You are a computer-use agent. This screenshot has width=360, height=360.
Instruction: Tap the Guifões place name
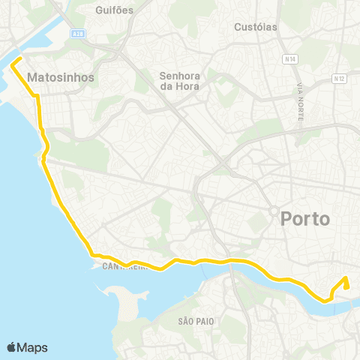115,10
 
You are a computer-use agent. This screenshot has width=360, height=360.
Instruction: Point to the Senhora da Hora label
177,79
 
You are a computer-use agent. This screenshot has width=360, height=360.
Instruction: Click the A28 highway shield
79,33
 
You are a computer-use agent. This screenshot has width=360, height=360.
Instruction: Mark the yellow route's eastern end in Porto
346,279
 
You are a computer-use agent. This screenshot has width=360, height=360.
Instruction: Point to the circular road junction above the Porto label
275,210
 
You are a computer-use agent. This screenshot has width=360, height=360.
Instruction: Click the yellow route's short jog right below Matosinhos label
36,96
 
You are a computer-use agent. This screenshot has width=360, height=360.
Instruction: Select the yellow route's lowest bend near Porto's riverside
327,300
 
